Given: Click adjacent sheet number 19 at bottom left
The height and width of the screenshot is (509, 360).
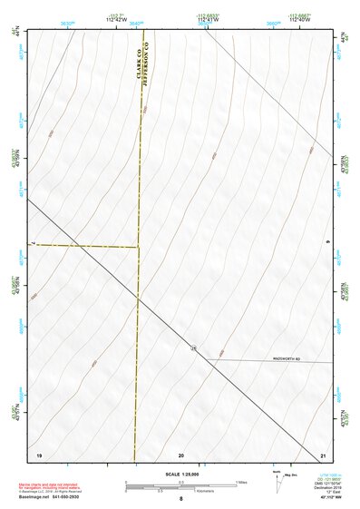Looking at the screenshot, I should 39,453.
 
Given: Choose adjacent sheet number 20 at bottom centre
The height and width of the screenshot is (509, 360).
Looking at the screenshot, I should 181,453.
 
